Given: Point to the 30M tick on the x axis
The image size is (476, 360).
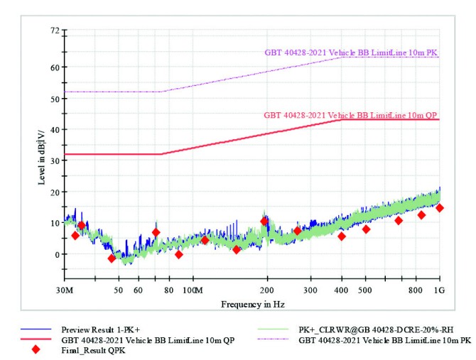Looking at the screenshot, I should point(64,290).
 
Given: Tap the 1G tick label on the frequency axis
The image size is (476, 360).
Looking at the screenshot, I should point(440,290).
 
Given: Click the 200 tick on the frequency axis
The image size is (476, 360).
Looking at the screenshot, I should point(266,290).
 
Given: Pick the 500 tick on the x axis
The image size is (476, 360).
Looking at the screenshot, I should point(365,290).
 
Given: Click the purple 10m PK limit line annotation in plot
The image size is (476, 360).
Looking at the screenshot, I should point(351,52).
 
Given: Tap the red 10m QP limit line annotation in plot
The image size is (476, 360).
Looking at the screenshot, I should point(351,114).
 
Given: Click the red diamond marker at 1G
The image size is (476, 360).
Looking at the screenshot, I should point(440,208).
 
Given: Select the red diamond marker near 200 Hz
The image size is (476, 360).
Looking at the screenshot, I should point(264,222).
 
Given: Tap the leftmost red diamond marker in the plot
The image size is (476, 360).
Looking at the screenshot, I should point(75,235).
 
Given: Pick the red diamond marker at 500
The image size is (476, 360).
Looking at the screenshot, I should point(366,229).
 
